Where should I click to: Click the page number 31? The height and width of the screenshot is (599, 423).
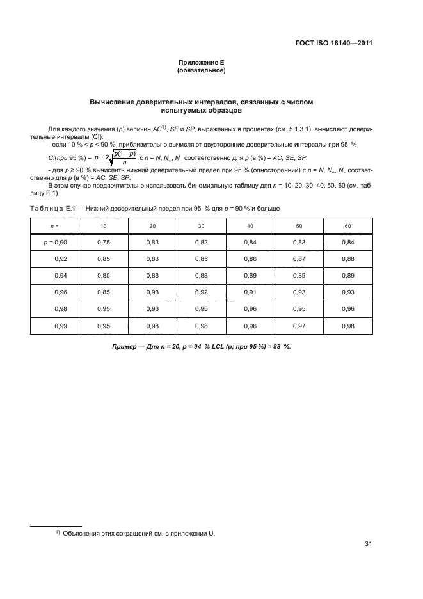[x=368, y=544]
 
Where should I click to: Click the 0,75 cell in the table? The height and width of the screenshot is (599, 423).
[x=104, y=243]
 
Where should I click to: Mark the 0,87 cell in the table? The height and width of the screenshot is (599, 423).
[x=299, y=259]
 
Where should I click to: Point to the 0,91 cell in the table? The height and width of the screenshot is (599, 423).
[x=250, y=292]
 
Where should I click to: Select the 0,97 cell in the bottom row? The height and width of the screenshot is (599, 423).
[x=299, y=326]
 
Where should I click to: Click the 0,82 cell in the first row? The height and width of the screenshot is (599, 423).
[x=201, y=243]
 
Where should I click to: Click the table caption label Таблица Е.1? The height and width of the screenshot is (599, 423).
[x=54, y=209]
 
